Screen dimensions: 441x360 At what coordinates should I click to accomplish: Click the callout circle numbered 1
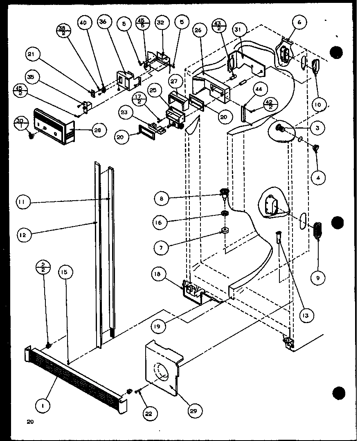(x=43, y=406)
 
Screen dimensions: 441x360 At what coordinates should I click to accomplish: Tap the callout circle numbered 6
(x=299, y=23)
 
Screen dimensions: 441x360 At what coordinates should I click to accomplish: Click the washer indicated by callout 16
(x=224, y=213)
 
